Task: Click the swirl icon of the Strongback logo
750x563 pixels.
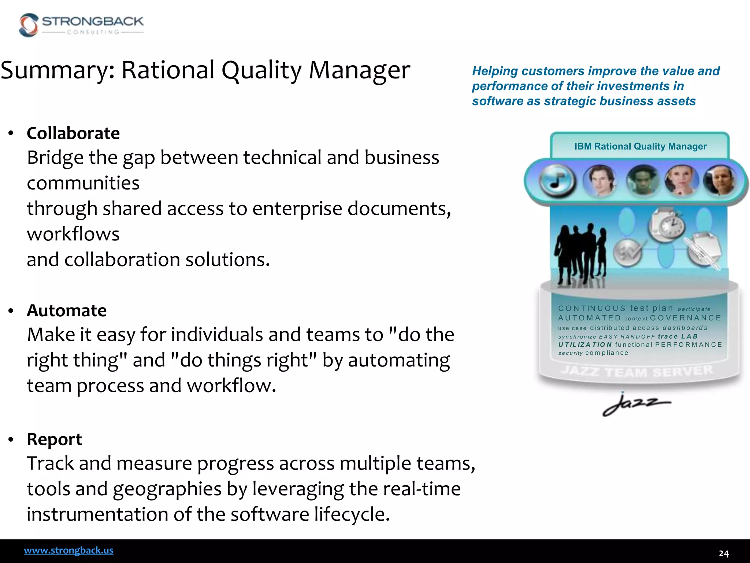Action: point(29,25)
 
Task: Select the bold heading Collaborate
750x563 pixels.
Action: point(73,133)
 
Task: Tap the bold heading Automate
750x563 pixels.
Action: point(67,310)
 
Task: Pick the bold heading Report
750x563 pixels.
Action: point(54,439)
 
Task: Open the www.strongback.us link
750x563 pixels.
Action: point(68,551)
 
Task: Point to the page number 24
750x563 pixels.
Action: point(724,553)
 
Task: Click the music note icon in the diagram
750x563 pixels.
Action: point(557,181)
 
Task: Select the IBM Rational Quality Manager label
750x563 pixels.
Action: point(640,147)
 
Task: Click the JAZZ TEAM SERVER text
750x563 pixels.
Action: point(637,371)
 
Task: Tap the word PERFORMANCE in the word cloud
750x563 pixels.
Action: point(688,345)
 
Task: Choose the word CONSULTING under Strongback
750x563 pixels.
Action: point(93,32)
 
